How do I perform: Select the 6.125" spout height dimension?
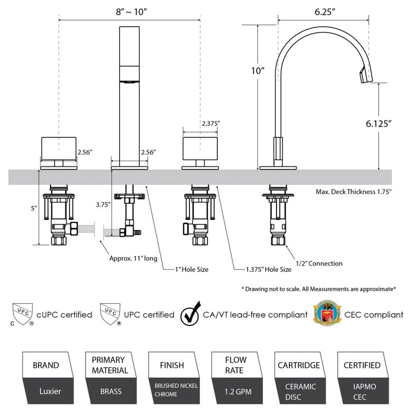click(379, 124)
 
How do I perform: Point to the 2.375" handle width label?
click(211, 124)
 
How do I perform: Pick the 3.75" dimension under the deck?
click(103, 204)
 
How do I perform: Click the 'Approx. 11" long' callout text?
click(133, 259)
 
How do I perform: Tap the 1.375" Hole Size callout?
click(269, 269)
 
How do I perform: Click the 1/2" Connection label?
click(318, 263)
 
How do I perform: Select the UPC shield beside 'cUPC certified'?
click(22, 315)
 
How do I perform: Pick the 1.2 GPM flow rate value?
click(237, 391)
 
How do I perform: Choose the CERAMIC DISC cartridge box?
click(301, 391)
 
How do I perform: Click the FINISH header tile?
click(173, 366)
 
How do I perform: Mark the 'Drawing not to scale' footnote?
click(318, 289)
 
